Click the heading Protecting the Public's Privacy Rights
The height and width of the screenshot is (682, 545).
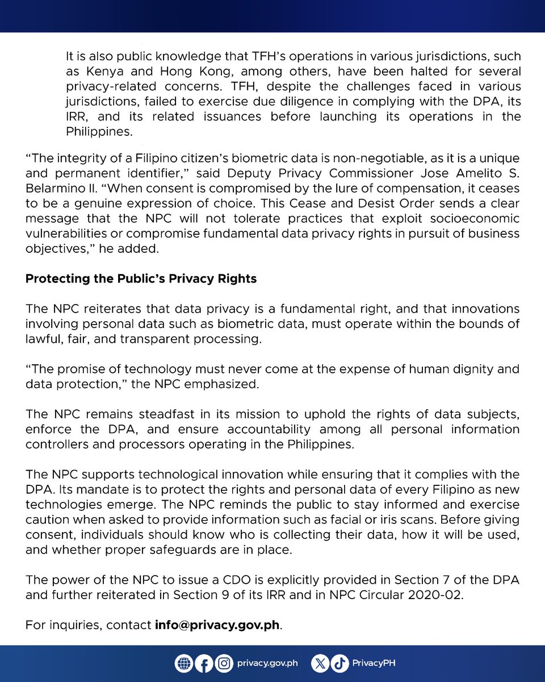(x=141, y=279)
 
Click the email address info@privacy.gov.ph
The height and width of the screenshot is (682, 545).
(x=218, y=625)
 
